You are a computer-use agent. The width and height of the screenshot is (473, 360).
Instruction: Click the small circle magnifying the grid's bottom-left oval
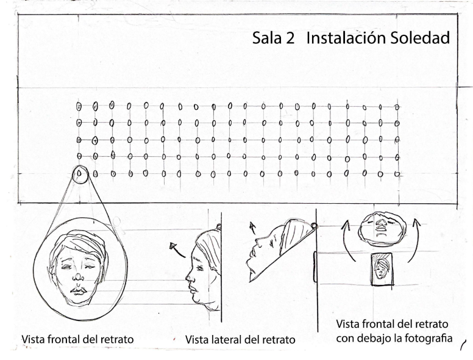pos(80,175)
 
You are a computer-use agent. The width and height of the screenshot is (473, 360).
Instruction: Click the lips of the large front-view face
pos(79,291)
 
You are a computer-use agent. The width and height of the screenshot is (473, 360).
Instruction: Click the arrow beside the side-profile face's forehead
pos(177,250)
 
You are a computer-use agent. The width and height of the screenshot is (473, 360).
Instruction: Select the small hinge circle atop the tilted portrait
pos(314,226)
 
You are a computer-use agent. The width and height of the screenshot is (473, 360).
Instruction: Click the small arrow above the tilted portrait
pos(252,228)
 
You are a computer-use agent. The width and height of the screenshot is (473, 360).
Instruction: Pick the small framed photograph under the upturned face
pos(382,269)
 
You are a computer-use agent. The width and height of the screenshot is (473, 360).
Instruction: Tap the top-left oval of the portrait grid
pos(79,106)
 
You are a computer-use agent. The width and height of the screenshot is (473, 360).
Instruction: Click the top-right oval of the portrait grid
pos(397,107)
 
